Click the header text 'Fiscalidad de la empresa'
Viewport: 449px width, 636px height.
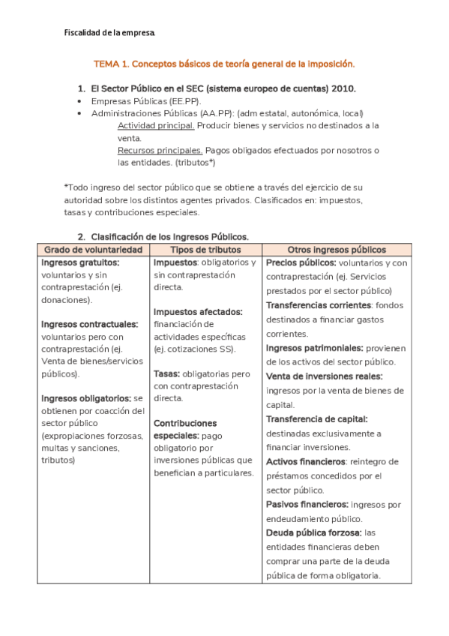click(109, 34)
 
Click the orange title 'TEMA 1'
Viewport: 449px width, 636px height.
click(112, 65)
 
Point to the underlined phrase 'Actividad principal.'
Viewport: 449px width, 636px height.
click(157, 125)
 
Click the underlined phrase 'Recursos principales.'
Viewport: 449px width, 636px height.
click(160, 150)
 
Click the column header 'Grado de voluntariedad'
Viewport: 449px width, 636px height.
click(93, 249)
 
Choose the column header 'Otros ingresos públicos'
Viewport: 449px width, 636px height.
click(337, 249)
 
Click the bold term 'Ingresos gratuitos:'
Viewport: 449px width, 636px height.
click(80, 262)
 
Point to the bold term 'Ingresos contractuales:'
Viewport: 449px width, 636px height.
click(89, 324)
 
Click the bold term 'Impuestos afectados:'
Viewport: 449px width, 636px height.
click(198, 311)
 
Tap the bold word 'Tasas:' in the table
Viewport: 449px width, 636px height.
click(167, 373)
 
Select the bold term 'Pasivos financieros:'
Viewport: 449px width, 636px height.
click(307, 504)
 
